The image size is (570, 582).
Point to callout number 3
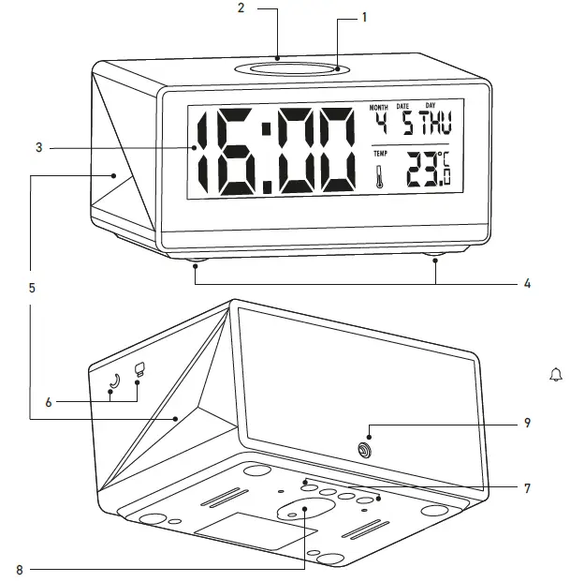tap(37, 147)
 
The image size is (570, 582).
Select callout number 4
tap(528, 281)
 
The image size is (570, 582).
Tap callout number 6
tap(50, 402)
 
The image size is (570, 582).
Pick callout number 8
tap(18, 569)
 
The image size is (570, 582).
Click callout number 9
tap(528, 424)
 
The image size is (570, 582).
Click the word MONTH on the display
tap(379, 106)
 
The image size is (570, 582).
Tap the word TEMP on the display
tap(381, 152)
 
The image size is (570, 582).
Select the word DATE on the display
tap(403, 106)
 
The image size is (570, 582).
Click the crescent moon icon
tap(114, 381)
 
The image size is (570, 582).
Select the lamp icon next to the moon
tap(139, 370)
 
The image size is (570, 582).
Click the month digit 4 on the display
tap(380, 123)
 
